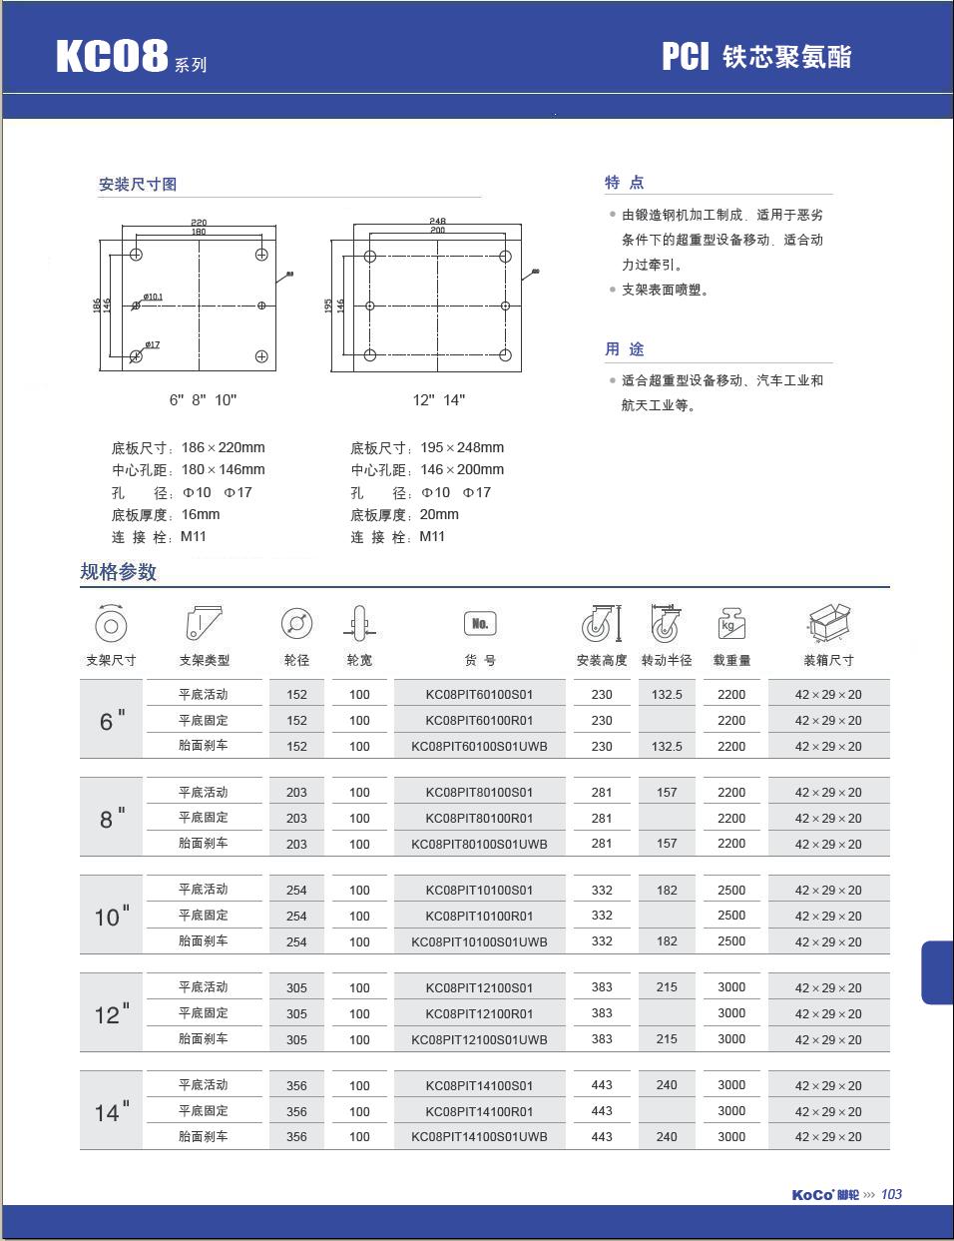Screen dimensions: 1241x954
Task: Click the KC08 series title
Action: [x=112, y=57]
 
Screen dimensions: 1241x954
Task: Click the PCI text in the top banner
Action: [x=686, y=57]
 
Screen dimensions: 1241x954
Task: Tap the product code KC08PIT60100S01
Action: [x=479, y=694]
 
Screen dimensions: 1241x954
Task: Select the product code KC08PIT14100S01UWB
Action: [x=479, y=1136]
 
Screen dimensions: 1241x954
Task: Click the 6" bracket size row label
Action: [x=112, y=721]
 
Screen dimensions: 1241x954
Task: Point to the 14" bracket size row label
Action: [x=112, y=1111]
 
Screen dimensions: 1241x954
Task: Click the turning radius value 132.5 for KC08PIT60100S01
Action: [x=667, y=694]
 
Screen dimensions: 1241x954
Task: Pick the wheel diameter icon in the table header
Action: [x=296, y=624]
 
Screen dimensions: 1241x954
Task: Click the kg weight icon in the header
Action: [x=731, y=624]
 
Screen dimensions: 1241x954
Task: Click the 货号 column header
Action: [x=479, y=660]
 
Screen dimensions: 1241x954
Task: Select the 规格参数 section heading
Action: [x=119, y=572]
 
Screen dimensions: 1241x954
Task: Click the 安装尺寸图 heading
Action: [x=138, y=185]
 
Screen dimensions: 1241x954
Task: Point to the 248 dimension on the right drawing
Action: [x=437, y=221]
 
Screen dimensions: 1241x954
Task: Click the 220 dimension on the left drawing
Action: [x=199, y=222]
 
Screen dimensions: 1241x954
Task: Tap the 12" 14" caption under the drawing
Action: [x=439, y=400]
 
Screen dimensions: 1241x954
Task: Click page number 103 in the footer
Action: [x=891, y=1194]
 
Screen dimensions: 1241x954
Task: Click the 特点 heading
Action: [x=625, y=183]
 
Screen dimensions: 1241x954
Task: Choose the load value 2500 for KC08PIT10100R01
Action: [x=731, y=916]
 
